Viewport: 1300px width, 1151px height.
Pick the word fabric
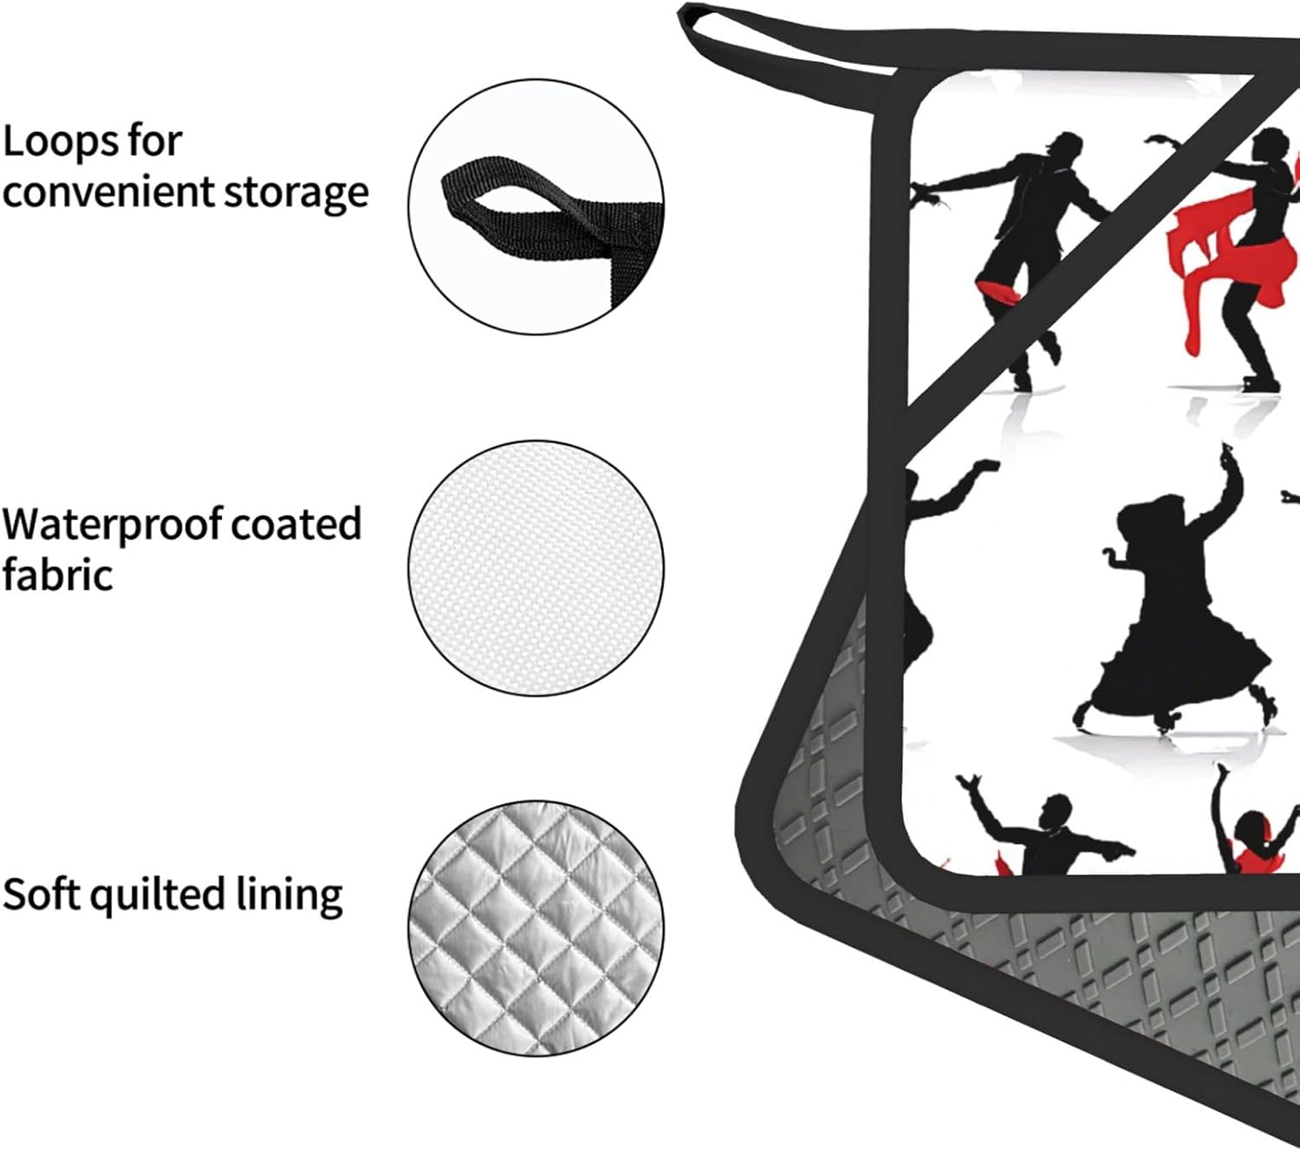pyautogui.click(x=57, y=575)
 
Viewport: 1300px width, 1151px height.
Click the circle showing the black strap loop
pyautogui.click(x=536, y=207)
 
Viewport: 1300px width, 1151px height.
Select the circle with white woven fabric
pyautogui.click(x=536, y=568)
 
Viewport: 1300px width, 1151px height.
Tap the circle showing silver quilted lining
pyautogui.click(x=536, y=927)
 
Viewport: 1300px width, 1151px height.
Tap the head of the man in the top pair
pyautogui.click(x=1063, y=146)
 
